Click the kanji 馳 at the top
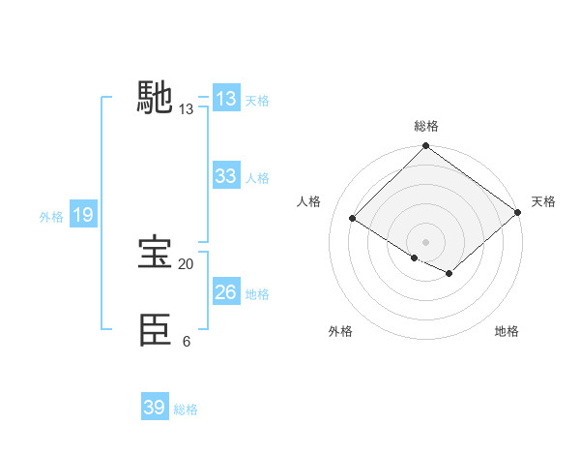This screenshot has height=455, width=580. [155, 98]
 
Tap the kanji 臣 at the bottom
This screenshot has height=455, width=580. [155, 330]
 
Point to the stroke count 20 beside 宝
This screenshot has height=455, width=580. [186, 264]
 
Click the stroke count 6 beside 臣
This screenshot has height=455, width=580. [186, 342]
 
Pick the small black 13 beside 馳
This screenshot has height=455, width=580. [186, 109]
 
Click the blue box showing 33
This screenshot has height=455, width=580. [225, 176]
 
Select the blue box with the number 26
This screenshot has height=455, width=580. [225, 292]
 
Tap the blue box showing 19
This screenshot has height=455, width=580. [82, 215]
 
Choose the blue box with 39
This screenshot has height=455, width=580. [154, 408]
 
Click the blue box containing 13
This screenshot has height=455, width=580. [225, 99]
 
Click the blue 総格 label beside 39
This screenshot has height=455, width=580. [186, 409]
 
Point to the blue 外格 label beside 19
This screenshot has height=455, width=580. [51, 217]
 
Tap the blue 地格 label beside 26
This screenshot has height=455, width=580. [257, 294]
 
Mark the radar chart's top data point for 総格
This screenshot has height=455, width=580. [425, 147]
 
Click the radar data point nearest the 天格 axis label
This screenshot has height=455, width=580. [518, 213]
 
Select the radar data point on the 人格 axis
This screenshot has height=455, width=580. [353, 219]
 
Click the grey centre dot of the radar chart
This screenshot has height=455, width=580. [425, 241]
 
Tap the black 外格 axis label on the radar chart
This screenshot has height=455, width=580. [340, 332]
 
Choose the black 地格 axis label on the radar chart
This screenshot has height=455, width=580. [507, 332]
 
